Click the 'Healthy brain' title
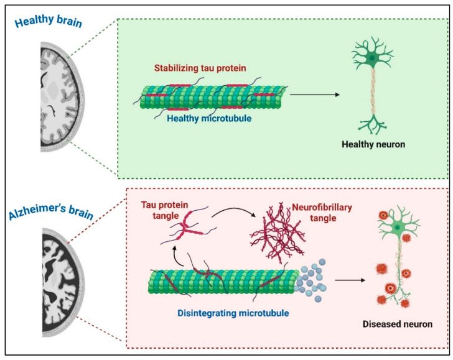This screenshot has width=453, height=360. (49, 21)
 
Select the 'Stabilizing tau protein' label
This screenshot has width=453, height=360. (200, 68)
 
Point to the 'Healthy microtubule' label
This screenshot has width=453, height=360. (209, 118)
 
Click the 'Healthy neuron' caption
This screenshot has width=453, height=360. (373, 144)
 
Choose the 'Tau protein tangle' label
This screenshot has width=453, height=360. (165, 210)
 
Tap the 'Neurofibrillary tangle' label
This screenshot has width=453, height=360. (322, 213)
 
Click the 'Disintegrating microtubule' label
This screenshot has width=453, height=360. (233, 313)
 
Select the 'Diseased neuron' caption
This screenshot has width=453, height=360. (398, 324)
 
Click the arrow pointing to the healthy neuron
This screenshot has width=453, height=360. (315, 95)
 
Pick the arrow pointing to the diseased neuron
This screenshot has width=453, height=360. (350, 280)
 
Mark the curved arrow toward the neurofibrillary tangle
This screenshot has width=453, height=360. (233, 210)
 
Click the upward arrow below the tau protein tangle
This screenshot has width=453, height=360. (176, 256)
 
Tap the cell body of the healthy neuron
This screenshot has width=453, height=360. (372, 58)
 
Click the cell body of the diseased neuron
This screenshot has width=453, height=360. (398, 228)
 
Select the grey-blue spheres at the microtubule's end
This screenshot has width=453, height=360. (311, 280)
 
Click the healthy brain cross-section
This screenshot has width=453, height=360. (62, 97)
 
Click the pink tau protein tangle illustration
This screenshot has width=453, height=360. (188, 228)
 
